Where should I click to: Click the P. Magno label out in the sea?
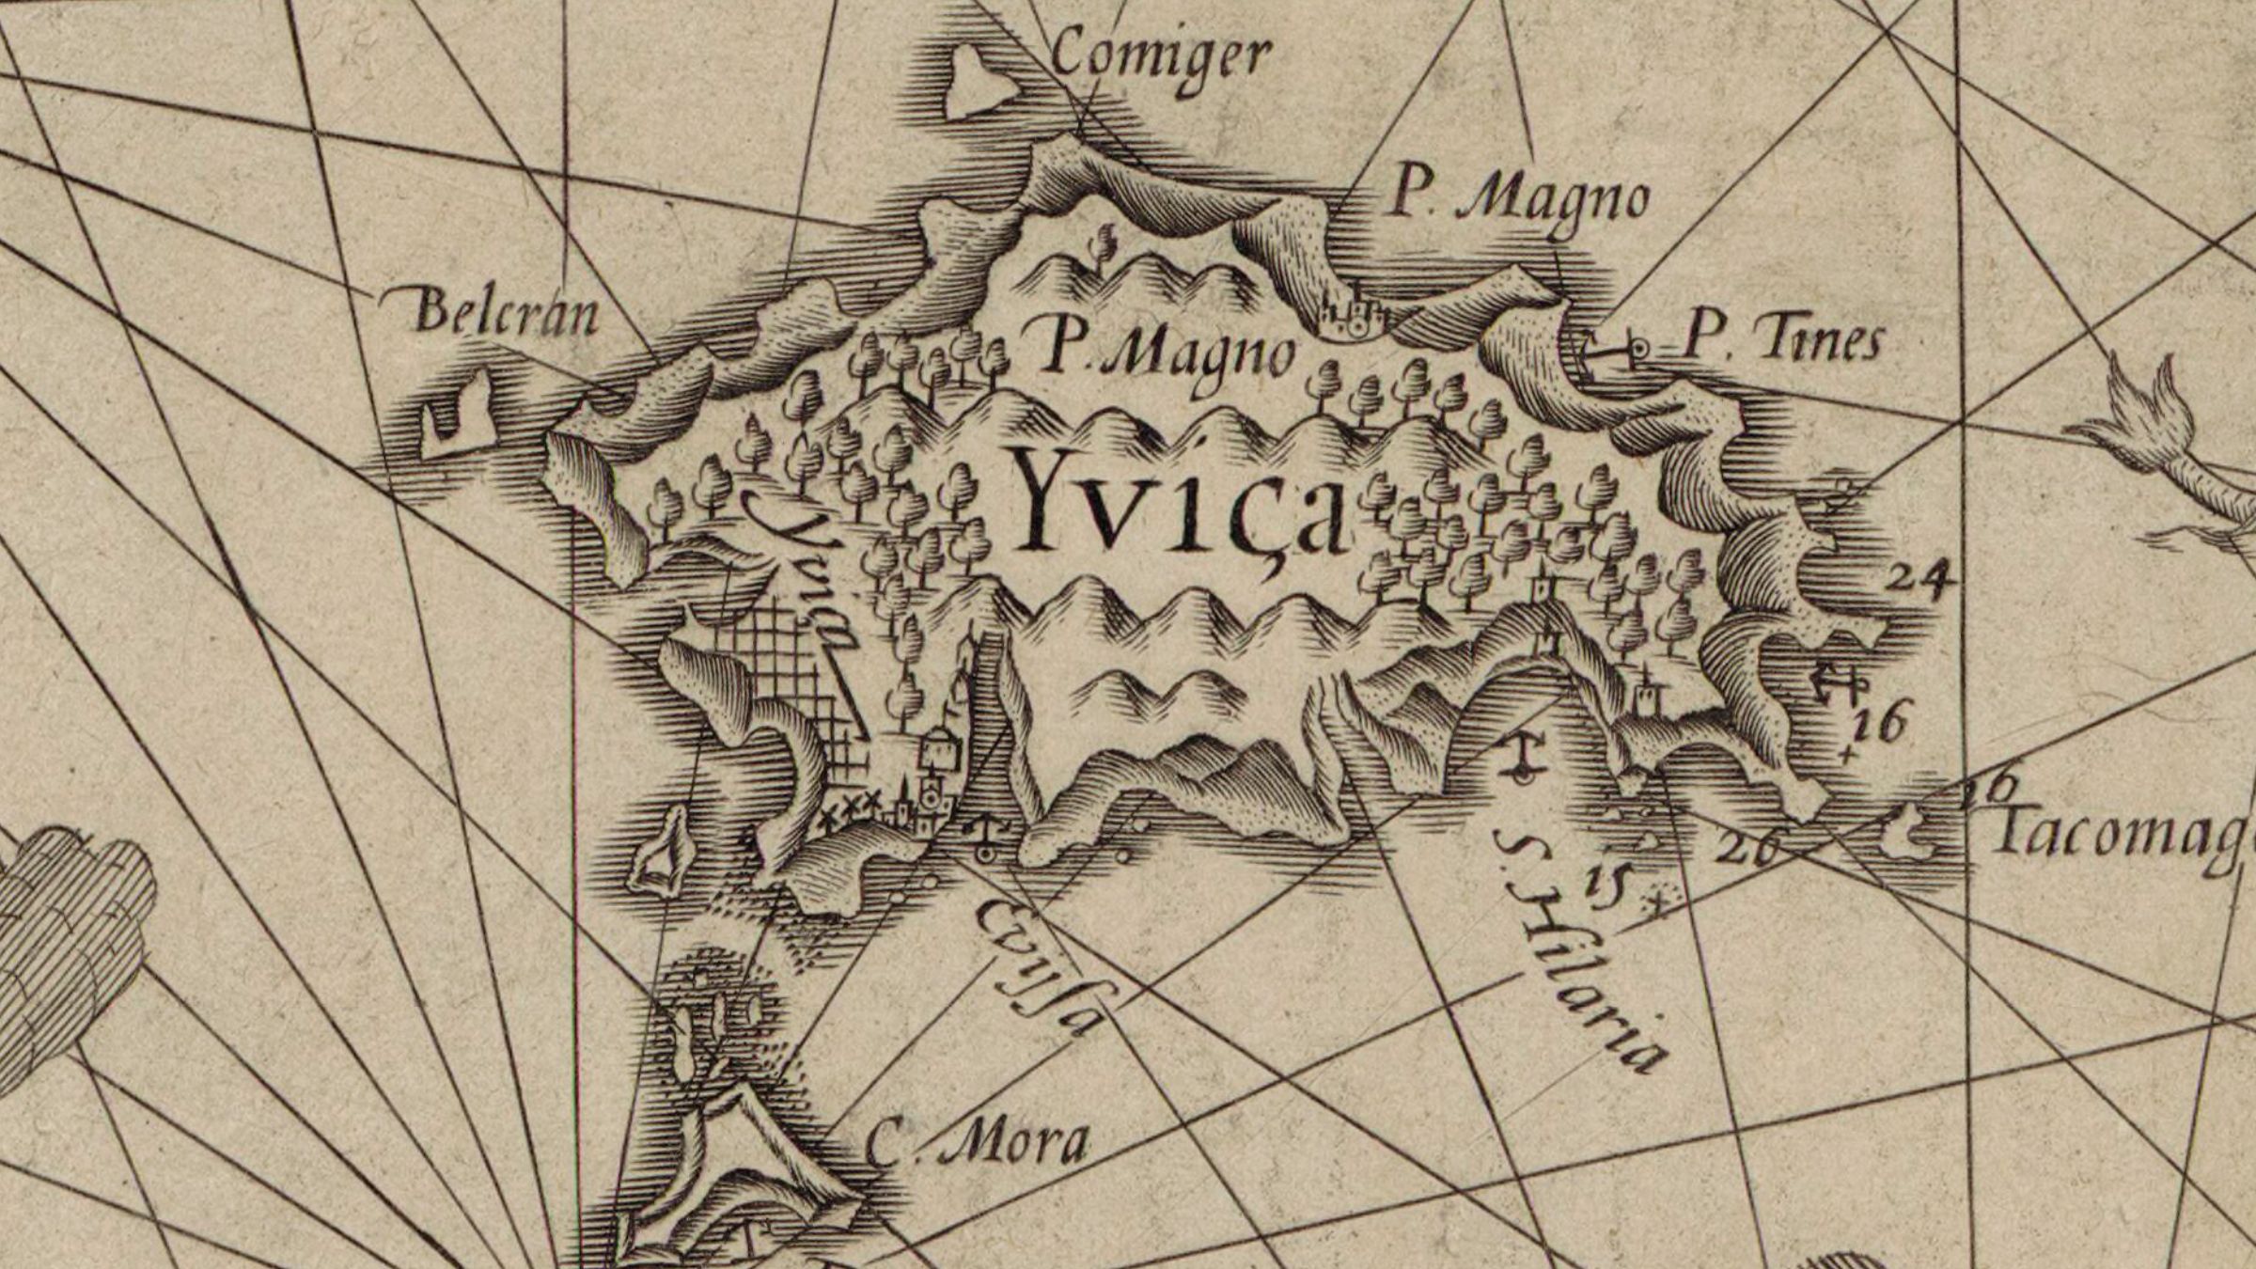click(1518, 200)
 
